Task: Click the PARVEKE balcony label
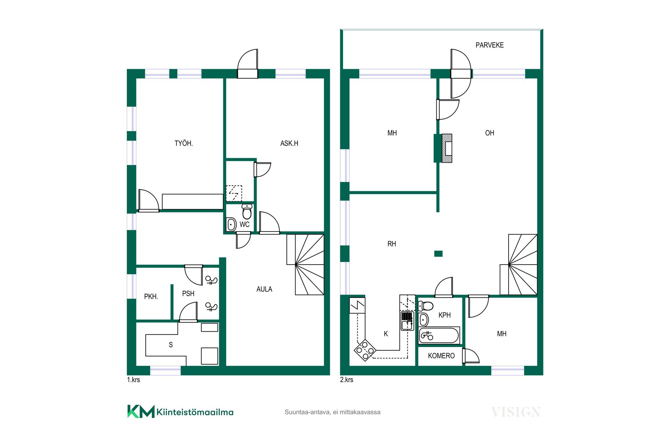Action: click(490, 45)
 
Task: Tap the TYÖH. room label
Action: click(184, 143)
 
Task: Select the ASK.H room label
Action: click(289, 143)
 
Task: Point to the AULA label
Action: click(264, 289)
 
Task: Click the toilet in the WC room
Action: click(247, 212)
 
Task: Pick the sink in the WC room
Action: click(231, 225)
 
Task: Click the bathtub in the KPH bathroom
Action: click(439, 336)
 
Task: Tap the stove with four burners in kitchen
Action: click(365, 350)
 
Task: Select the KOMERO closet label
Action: click(441, 356)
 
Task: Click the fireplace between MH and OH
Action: click(447, 148)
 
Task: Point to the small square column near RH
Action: click(438, 254)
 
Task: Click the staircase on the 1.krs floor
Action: click(305, 265)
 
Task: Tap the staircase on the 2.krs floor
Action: click(518, 265)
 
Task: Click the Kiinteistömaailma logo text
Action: click(195, 412)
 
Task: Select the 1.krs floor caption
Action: click(134, 380)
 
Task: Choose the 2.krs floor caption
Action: click(347, 380)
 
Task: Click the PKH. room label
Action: click(151, 297)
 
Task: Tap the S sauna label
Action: click(171, 345)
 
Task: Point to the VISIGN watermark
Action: click(516, 412)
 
